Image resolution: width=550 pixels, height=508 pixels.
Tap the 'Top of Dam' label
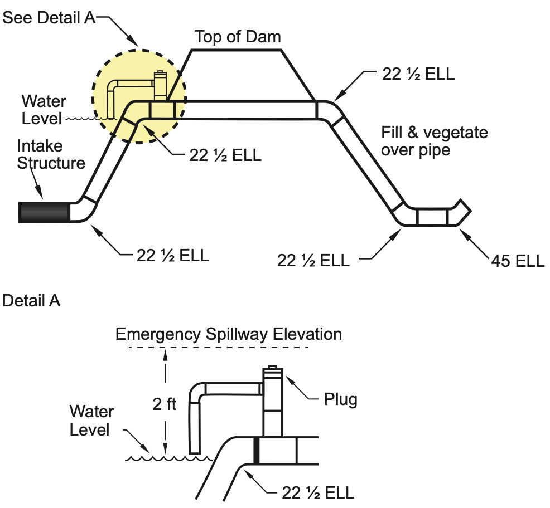(x=238, y=37)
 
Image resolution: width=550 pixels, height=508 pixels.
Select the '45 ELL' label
(x=518, y=260)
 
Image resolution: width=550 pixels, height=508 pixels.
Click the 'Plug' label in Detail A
(x=340, y=399)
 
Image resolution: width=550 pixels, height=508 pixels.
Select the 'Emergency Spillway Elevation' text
(x=228, y=334)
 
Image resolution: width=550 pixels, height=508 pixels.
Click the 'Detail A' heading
(x=31, y=301)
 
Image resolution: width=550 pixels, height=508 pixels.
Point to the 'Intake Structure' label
(x=51, y=154)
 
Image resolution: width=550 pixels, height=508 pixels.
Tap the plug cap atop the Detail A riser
(x=272, y=368)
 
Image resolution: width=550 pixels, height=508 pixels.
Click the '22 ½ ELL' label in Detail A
(x=318, y=492)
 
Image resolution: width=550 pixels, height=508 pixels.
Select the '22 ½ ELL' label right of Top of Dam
(x=418, y=74)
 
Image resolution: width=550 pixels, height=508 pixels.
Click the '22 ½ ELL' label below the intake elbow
(x=173, y=256)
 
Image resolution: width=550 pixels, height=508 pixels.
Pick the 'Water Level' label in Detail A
(x=91, y=421)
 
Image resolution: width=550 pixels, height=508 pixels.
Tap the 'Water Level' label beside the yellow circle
(x=44, y=109)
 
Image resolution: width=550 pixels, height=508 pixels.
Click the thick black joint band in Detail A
(x=257, y=450)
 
